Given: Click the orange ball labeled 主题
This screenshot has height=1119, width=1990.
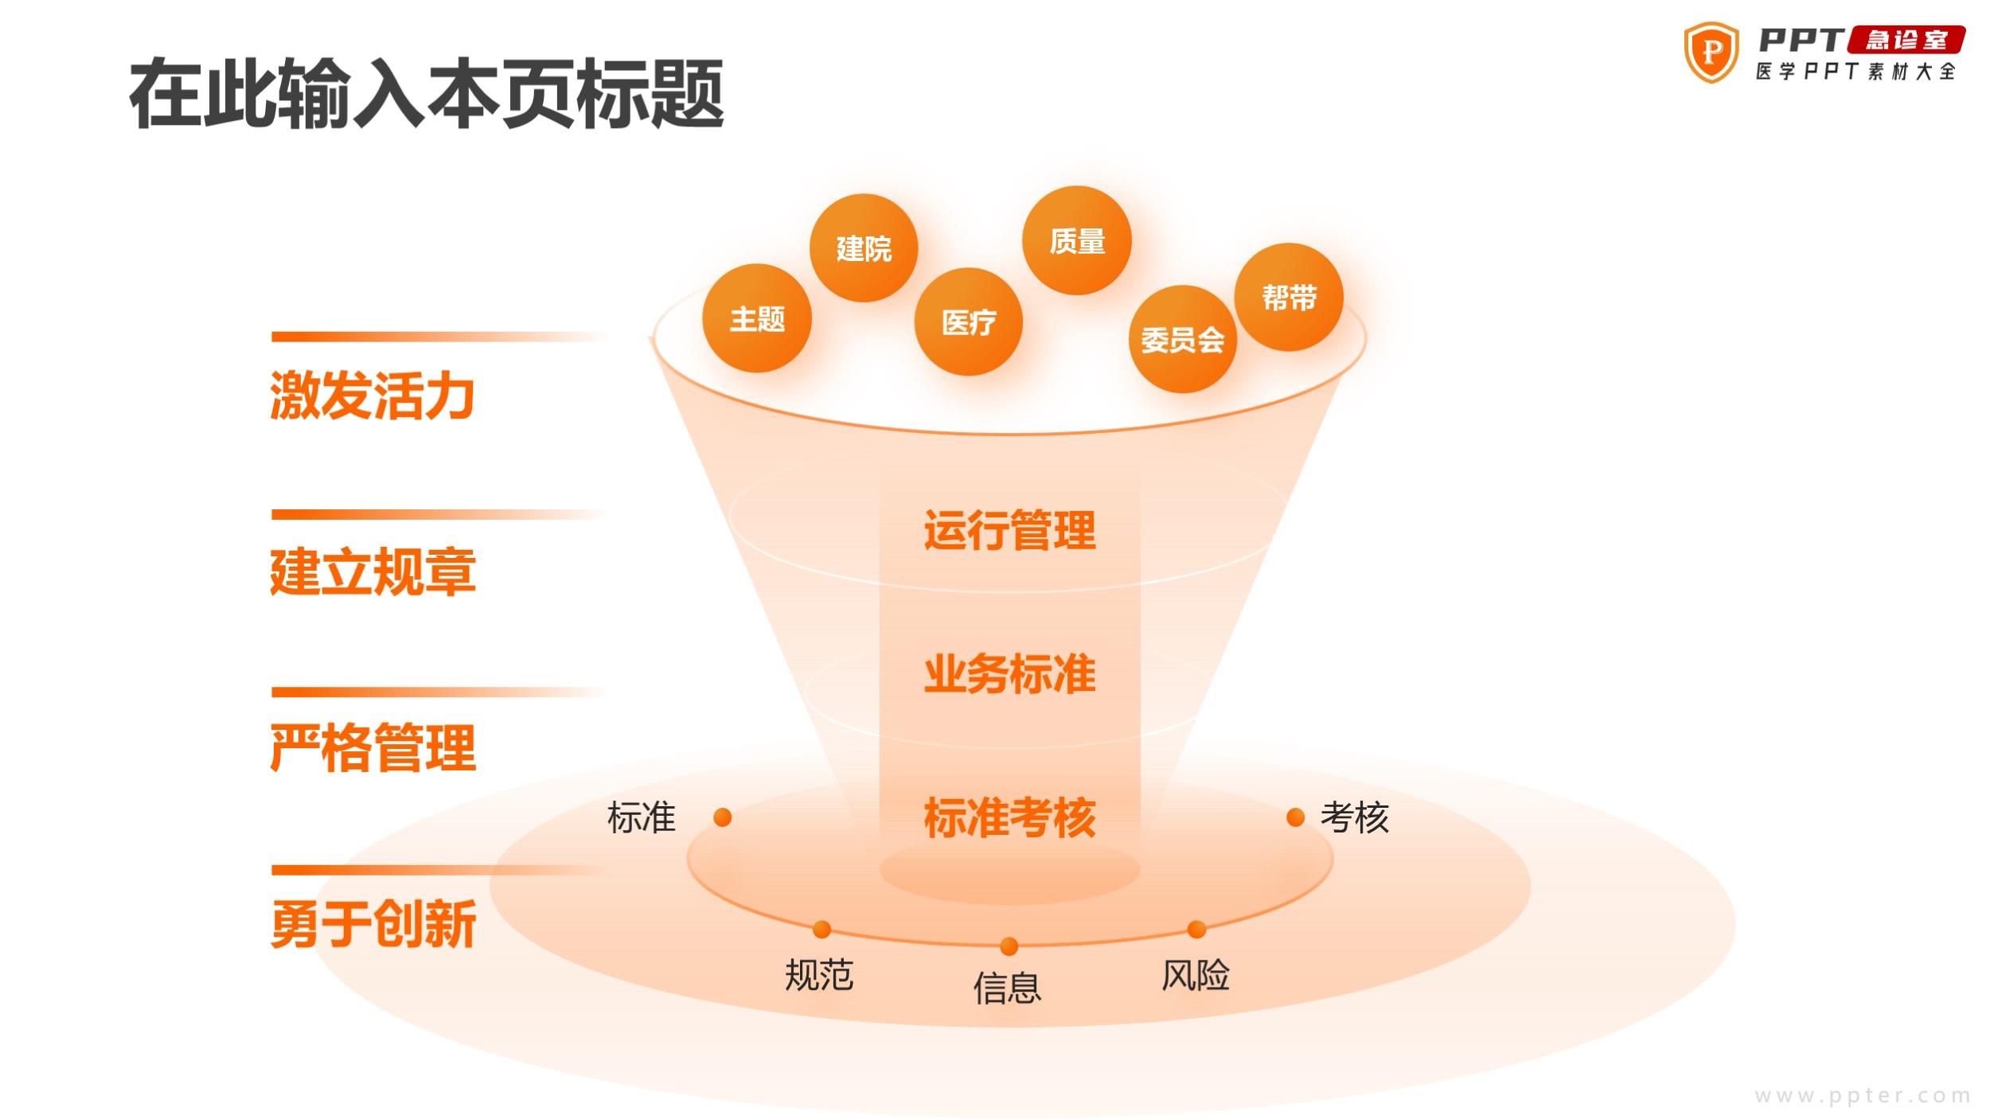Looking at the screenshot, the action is [756, 318].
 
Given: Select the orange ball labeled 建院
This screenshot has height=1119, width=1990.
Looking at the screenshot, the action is [864, 248].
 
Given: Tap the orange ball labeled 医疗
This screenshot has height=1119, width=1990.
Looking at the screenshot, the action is [969, 322].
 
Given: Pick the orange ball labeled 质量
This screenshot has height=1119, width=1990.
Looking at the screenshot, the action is [1077, 240].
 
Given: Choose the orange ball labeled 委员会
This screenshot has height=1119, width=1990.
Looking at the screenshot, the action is [1183, 339].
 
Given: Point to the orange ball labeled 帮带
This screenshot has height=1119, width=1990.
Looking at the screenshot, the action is [1289, 297].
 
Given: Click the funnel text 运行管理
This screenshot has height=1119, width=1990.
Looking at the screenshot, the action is [1009, 531].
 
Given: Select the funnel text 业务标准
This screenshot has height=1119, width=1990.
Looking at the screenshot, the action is [1009, 674].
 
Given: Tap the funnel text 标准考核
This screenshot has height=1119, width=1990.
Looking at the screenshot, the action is [1009, 817].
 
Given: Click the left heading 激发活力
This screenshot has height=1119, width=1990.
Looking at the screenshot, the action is [373, 396].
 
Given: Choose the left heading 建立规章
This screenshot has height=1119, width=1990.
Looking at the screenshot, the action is [373, 572].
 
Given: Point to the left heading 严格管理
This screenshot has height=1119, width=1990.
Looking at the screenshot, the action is [373, 748].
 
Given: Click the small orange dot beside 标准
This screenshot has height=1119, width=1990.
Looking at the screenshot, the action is [723, 817].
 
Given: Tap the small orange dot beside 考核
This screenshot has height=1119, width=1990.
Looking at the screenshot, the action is [1296, 817].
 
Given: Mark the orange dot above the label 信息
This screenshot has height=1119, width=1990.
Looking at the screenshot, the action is [1009, 946].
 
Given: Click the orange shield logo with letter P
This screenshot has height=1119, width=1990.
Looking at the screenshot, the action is [1711, 53].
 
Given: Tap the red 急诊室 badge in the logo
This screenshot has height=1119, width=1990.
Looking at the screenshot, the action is [1906, 40].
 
